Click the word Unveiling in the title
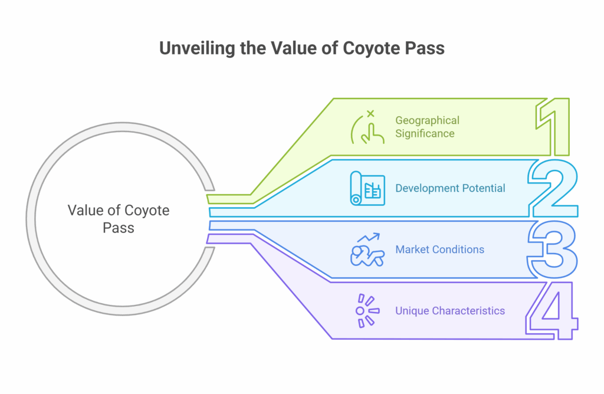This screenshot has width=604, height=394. coord(197,48)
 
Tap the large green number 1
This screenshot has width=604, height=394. coord(553,127)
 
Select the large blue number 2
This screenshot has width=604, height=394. coord(553,188)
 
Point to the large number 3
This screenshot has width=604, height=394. coord(552,249)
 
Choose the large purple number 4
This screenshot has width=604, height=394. coord(552,310)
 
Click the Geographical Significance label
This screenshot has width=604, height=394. coord(427,127)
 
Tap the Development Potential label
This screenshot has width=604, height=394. coord(450,188)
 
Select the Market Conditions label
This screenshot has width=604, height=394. coord(440,249)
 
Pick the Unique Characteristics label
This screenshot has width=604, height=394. coord(450,310)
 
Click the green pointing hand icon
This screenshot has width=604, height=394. coord(367,130)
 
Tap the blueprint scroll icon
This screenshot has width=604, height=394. coord(367,188)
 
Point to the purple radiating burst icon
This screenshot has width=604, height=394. coord(367,310)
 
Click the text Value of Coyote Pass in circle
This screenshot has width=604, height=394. coord(119,219)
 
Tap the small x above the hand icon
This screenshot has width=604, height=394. coord(370,114)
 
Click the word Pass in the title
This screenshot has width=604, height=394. coord(425,49)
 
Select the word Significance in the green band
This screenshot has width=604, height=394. coord(425,133)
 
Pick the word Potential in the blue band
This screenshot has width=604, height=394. coord(484,188)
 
